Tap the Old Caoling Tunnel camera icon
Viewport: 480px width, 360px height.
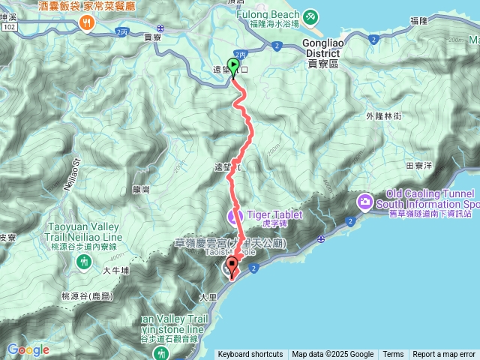[365, 200]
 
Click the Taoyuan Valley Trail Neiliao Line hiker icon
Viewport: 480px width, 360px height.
[83, 262]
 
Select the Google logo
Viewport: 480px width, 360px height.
[28, 349]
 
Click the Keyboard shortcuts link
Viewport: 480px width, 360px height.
[250, 355]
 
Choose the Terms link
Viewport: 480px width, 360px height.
[393, 355]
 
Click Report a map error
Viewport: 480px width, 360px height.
[444, 355]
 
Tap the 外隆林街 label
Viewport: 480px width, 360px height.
[384, 116]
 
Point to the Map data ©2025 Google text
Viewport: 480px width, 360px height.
[333, 355]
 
